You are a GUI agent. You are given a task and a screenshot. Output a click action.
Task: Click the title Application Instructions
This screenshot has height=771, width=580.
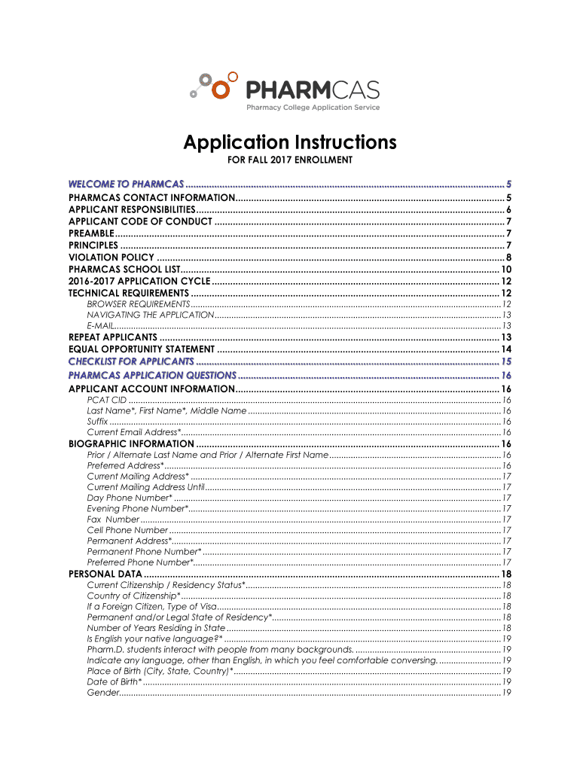click(290, 142)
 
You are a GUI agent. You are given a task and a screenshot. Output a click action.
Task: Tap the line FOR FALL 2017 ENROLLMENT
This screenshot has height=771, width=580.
click(290, 160)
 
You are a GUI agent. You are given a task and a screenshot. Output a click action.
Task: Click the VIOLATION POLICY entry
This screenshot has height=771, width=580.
click(111, 258)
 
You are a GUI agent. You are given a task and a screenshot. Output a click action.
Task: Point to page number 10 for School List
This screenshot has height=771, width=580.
click(506, 270)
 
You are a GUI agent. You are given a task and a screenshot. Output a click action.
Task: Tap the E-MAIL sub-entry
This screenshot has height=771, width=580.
click(100, 325)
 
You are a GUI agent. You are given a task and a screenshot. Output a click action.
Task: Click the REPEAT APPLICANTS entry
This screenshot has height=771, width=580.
click(112, 337)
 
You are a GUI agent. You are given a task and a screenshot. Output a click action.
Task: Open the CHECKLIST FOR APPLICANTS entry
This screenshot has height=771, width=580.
click(131, 362)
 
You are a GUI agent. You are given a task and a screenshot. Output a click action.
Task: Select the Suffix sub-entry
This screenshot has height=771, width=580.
click(97, 422)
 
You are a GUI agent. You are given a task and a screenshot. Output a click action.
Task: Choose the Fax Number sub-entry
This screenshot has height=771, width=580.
click(113, 520)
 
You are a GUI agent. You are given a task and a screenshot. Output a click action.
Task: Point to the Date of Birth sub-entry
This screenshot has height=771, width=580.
click(114, 681)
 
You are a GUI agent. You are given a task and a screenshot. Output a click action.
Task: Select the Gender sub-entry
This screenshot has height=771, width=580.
click(102, 693)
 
